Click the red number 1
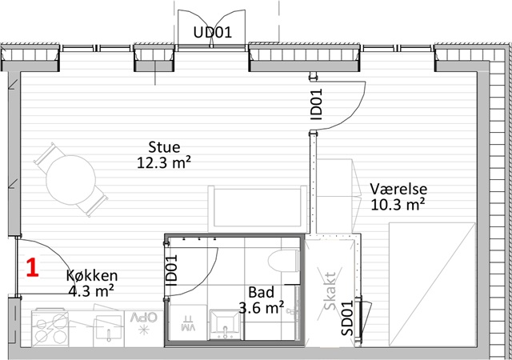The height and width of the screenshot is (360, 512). pos(33,267)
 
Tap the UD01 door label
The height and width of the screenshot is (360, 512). pos(212,32)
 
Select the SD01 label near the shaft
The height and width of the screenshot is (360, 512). pos(347,318)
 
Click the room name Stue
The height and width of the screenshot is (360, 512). pos(164,147)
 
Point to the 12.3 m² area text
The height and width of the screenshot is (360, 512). pos(163,162)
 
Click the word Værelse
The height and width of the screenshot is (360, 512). pos(398,189)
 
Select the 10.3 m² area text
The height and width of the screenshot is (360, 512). pos(398,205)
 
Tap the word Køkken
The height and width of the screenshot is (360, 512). pos(92,275)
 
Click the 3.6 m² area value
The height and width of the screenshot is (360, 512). pos(262,307)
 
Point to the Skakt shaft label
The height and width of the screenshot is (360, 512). pos(330,290)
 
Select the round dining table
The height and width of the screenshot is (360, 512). pos(71,180)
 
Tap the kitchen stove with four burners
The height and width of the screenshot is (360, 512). pos(50,328)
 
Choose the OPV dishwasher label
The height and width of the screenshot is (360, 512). pos(144,317)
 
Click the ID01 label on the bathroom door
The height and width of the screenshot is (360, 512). pos(172,270)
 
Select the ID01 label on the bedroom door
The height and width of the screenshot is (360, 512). pos(316,104)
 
